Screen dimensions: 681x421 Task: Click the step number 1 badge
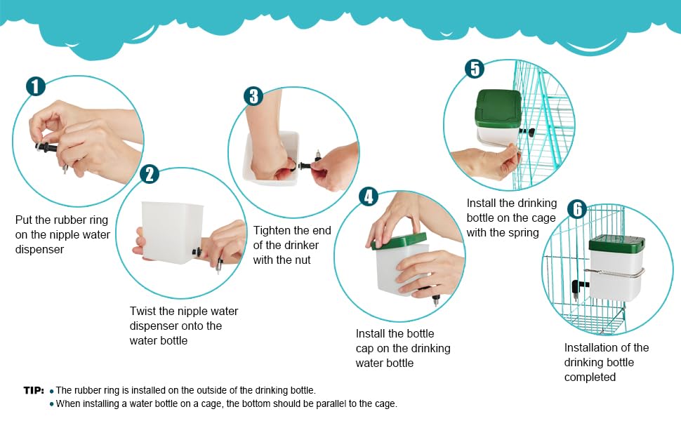coord(36,86)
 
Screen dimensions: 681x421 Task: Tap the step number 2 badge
coord(150,174)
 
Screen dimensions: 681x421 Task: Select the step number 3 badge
coord(253,96)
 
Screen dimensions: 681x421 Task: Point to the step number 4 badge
coord(369,196)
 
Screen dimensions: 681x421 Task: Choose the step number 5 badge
coord(475,69)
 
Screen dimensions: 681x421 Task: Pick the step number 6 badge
coord(577,209)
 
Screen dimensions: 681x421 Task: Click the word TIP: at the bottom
coord(34,390)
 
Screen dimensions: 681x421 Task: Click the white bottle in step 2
coord(173,232)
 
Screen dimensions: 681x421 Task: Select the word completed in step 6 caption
coord(590,377)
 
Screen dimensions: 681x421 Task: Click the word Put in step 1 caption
coord(23,220)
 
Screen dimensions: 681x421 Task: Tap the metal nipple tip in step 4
coord(435,300)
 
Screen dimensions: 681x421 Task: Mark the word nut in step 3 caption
coord(303,260)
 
